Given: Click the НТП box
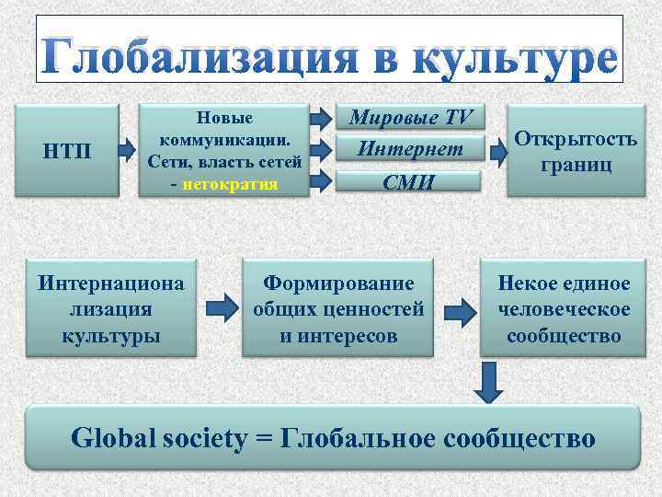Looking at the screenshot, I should click(67, 151).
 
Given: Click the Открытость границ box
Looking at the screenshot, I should click(576, 151).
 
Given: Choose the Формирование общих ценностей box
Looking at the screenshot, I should click(338, 309).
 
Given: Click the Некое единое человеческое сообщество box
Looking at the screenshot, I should click(565, 309).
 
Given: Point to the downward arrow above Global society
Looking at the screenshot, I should click(490, 381).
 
